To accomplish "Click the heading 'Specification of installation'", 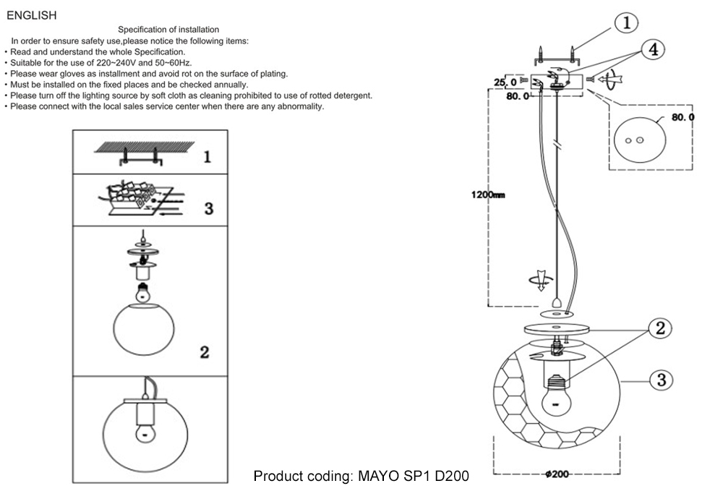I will click(168, 30).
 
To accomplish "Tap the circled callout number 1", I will click(626, 22).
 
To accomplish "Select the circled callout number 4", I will click(652, 49).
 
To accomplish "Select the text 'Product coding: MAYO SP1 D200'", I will click(361, 477).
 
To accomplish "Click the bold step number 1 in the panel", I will click(207, 156).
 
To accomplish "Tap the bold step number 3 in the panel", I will click(208, 208).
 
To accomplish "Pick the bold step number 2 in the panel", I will click(205, 353).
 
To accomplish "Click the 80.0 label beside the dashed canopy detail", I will click(683, 116).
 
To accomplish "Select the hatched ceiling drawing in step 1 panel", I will click(145, 149).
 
